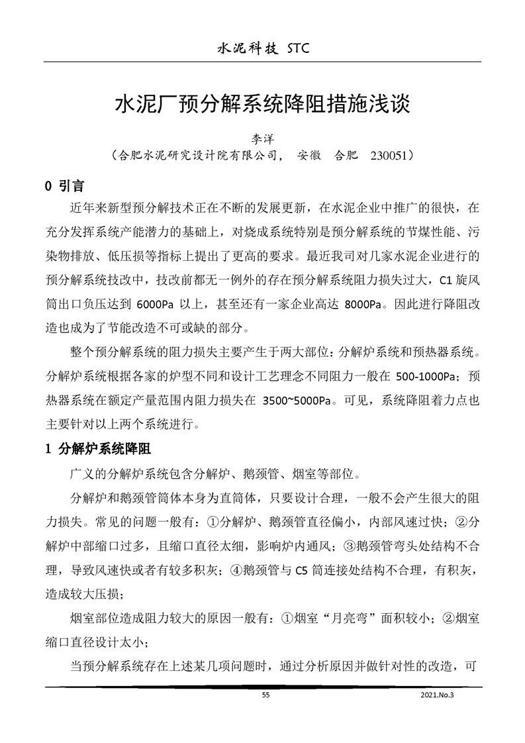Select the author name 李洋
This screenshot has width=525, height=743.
pyautogui.click(x=262, y=139)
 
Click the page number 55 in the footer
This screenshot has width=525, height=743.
pyautogui.click(x=265, y=695)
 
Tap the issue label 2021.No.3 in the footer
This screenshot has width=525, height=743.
pyautogui.click(x=438, y=695)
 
